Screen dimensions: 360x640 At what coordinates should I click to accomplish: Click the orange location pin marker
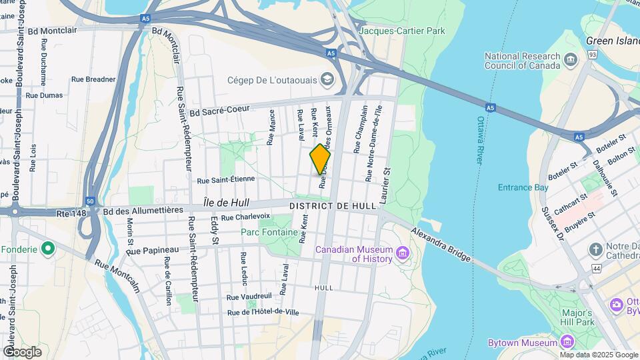click(x=320, y=159)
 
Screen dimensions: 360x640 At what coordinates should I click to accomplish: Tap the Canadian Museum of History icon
click(x=402, y=253)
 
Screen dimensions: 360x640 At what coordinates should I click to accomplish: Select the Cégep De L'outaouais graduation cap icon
click(x=327, y=79)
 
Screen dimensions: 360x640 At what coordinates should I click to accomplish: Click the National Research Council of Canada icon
click(x=571, y=61)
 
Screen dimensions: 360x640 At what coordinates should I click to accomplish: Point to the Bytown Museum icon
click(x=567, y=343)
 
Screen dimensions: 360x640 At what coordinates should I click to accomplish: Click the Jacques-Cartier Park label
click(x=401, y=31)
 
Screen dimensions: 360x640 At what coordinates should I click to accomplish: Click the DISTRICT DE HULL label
click(x=333, y=207)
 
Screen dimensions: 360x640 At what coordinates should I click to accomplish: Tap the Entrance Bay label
click(x=523, y=187)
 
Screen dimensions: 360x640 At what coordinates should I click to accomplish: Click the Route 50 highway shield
click(x=90, y=201)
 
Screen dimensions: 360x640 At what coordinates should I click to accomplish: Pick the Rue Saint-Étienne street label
click(x=226, y=179)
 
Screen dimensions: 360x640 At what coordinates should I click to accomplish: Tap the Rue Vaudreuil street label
click(x=249, y=297)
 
